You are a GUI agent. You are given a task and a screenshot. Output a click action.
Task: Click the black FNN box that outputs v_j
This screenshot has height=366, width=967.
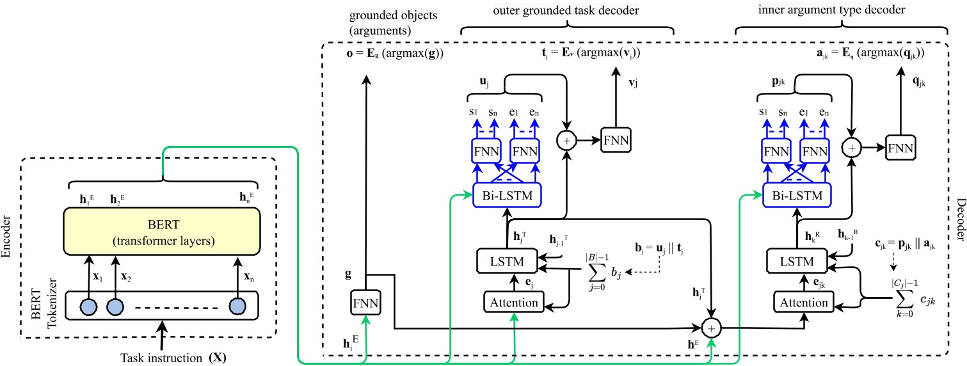tap(616, 138)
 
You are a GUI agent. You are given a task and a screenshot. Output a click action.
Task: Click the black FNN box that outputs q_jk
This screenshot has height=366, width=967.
tap(900, 147)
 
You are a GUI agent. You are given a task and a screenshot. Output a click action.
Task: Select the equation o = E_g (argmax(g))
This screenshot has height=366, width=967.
tap(383, 53)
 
